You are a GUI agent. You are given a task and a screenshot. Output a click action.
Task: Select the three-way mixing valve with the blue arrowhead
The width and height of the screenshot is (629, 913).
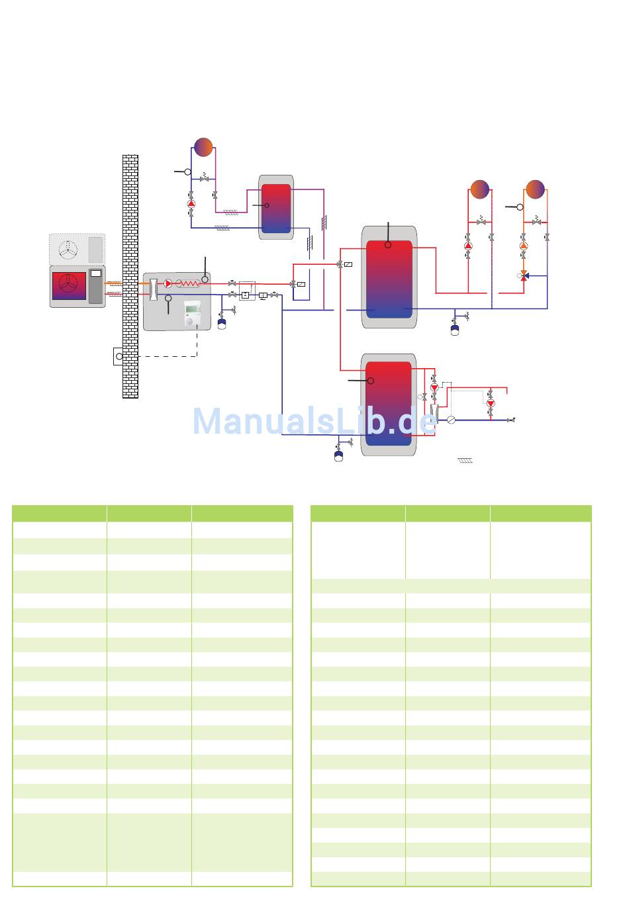524,276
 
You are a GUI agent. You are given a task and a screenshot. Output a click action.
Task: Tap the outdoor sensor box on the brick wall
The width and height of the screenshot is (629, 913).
119,356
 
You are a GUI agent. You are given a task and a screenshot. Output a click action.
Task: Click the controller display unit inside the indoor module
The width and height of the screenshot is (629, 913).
191,314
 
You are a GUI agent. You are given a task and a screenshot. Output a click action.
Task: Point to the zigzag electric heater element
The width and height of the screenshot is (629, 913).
188,283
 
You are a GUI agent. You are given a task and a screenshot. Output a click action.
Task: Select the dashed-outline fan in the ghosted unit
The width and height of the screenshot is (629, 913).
68,250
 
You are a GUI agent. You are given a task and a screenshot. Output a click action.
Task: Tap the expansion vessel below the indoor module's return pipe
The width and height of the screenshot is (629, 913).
222,324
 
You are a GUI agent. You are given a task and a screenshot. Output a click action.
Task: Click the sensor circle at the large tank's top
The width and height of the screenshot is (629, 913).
388,245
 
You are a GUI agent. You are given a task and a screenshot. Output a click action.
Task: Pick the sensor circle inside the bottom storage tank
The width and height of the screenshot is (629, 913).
371,381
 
